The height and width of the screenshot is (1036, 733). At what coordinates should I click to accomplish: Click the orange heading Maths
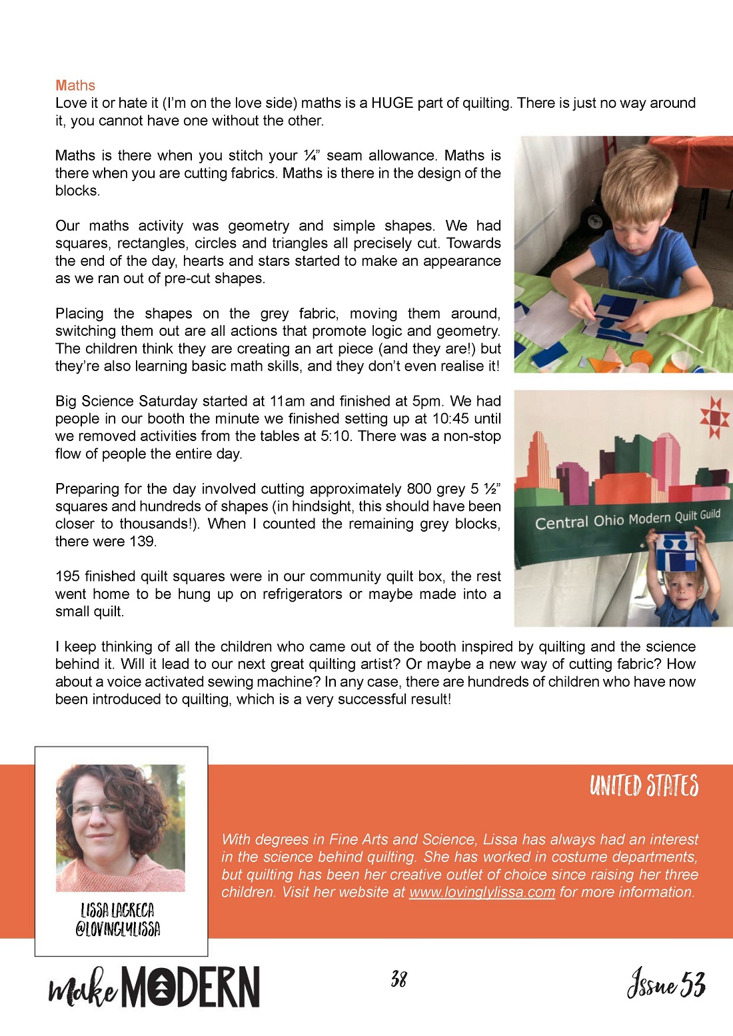[75, 85]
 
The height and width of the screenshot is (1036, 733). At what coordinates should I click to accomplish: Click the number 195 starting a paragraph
[68, 576]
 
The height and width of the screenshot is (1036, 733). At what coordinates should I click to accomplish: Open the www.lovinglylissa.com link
[482, 892]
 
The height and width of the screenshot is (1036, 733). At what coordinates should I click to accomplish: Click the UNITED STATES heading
[644, 786]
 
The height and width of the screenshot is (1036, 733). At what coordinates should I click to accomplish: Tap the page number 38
[398, 979]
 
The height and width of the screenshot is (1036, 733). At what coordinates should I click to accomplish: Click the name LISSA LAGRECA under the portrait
[117, 910]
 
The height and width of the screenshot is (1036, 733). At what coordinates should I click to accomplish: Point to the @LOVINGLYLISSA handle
[118, 929]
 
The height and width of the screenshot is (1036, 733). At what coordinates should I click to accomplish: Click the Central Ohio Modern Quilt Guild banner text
[627, 519]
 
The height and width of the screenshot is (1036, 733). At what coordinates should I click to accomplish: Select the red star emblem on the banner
[715, 418]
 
